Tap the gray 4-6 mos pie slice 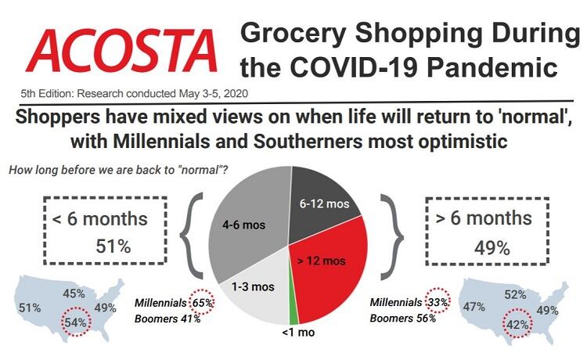249,227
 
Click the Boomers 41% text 167,318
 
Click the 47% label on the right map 474,308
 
